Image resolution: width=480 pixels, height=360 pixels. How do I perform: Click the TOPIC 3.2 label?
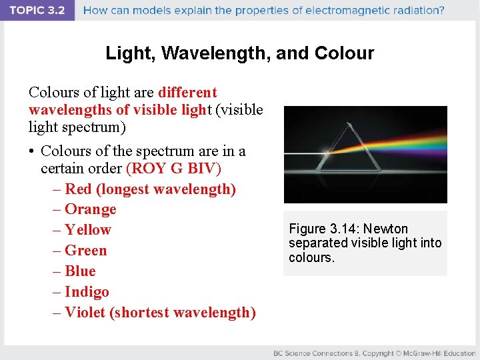37,11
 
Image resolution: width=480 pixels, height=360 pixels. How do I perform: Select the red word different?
187,92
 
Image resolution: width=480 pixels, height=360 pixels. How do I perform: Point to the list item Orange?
90,209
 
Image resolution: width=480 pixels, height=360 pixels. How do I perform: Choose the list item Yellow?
88,230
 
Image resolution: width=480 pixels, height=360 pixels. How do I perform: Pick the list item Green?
86,251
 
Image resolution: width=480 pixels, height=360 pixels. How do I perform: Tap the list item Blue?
80,271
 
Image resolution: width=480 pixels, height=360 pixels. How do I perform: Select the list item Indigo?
87,292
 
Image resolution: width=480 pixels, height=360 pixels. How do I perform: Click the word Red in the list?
79,189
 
